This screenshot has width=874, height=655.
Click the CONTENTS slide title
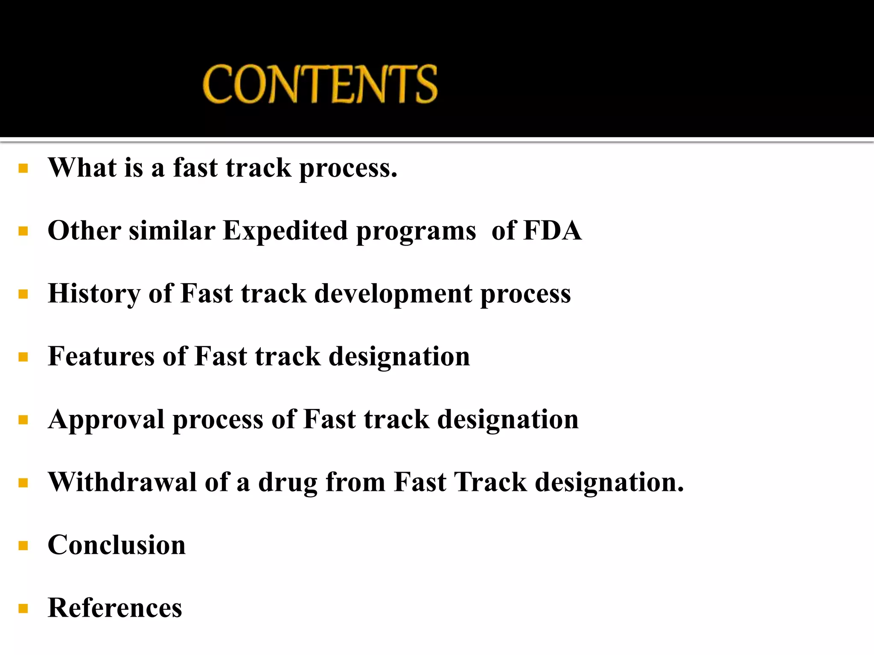pos(320,84)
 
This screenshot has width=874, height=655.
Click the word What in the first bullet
pos(82,168)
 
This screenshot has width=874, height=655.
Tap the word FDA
pos(552,231)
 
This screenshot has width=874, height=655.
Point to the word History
pos(94,294)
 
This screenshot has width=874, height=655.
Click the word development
pos(393,294)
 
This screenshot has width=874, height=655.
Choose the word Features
pos(101,356)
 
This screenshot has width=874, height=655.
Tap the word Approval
pos(106,420)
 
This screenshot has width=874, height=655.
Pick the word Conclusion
pos(117,545)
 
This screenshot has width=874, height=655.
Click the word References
pos(115,608)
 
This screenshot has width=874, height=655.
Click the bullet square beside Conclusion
pos(23,545)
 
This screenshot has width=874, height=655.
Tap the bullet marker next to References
pos(23,609)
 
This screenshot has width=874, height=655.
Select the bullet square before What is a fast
pos(23,168)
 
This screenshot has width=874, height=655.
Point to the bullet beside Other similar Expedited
pos(23,232)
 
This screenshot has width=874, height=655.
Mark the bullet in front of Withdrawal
pos(23,483)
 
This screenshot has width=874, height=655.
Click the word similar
pos(172,231)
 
